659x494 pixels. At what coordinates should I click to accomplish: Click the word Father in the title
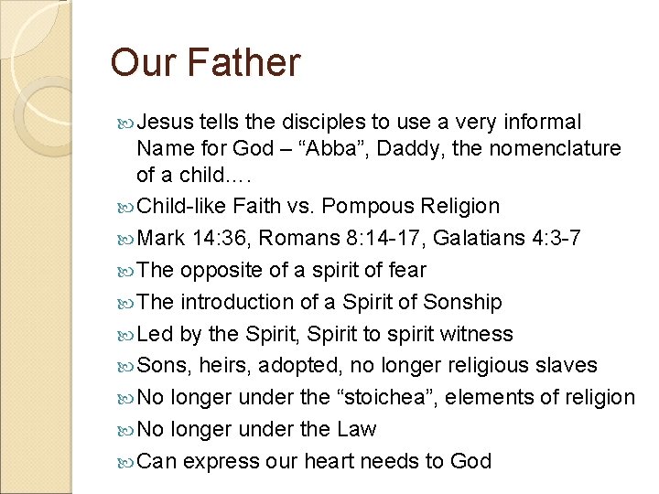244,63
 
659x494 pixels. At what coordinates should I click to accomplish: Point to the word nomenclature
553,148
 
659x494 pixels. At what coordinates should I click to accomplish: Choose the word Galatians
480,239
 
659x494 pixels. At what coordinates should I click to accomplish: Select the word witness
480,334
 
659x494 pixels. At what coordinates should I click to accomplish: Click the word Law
356,429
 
